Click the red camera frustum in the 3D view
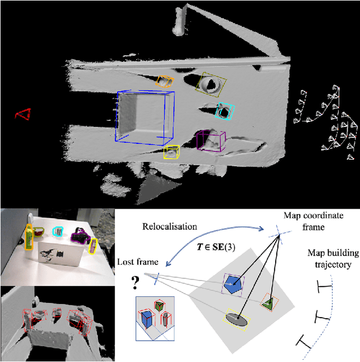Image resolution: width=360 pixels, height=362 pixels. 23,115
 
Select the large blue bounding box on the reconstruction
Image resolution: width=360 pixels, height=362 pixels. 145,116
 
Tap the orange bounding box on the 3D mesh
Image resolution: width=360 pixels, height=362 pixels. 164,82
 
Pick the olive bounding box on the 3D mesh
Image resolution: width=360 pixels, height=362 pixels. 212,84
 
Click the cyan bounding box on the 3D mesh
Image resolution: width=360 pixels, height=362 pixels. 226,111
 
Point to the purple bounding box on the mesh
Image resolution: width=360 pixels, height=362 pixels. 211,141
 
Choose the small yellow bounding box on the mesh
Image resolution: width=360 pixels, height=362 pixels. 172,152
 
